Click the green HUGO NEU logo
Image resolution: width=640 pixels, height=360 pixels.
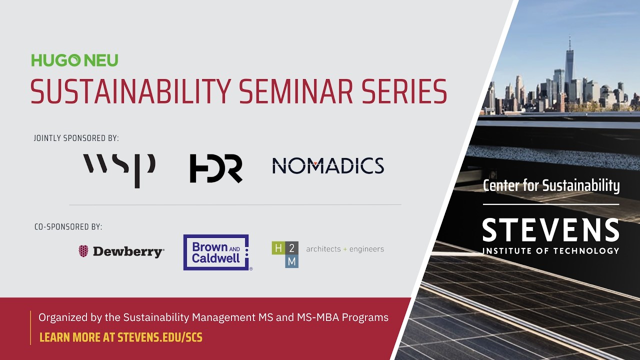click(x=75, y=60)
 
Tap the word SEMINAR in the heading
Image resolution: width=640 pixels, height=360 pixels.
click(x=295, y=91)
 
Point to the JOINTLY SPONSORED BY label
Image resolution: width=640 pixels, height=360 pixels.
click(x=76, y=138)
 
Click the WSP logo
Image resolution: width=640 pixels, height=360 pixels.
click(x=119, y=169)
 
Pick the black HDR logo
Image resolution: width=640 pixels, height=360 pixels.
click(x=216, y=168)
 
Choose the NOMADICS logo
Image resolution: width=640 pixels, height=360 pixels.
click(x=328, y=166)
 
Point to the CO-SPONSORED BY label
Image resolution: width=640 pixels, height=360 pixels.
click(x=68, y=227)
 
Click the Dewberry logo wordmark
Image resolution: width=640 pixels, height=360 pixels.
click(x=127, y=251)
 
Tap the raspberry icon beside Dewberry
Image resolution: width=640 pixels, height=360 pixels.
click(x=83, y=251)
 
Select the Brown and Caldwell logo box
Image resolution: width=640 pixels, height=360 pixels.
click(x=216, y=252)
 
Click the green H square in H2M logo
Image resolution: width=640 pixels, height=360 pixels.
click(x=278, y=248)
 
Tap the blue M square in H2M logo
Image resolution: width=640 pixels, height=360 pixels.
click(x=292, y=261)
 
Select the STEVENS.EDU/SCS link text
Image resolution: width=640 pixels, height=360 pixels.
click(x=160, y=337)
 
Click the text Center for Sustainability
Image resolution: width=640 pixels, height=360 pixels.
click(x=551, y=186)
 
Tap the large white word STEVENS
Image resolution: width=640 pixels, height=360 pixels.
click(x=550, y=230)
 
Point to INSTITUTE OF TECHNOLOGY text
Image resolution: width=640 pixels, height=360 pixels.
click(x=550, y=250)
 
